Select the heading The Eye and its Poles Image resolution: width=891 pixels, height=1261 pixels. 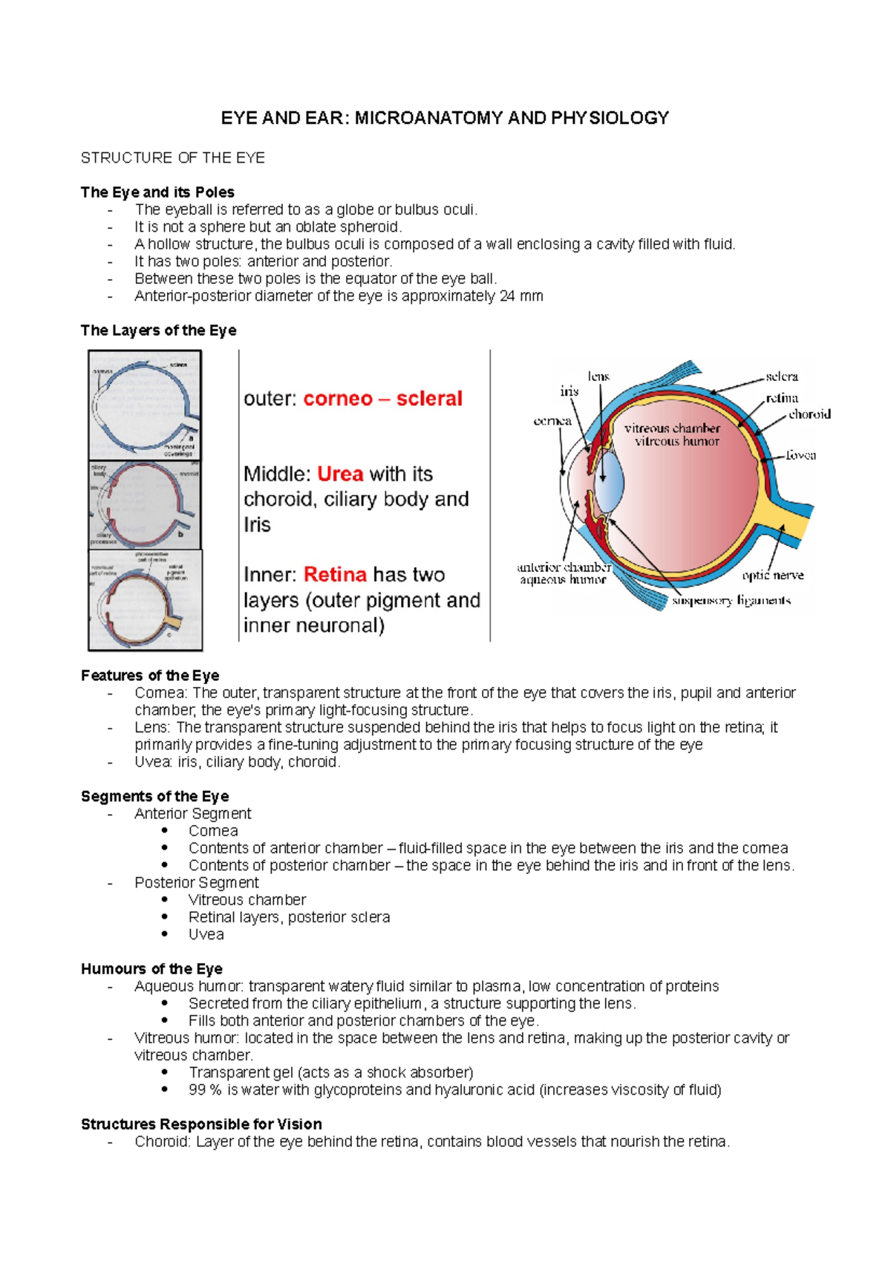click(x=157, y=192)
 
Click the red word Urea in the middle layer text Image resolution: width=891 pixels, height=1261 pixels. click(x=340, y=474)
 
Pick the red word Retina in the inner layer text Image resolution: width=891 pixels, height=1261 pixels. click(x=335, y=575)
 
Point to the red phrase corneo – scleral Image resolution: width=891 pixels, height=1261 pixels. click(x=382, y=399)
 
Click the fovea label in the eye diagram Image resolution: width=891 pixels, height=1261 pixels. click(x=800, y=455)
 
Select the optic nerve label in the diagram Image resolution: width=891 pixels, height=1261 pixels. click(x=773, y=576)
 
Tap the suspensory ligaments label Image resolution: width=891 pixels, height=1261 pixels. click(x=731, y=601)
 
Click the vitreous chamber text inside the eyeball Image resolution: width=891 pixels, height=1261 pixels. click(x=672, y=429)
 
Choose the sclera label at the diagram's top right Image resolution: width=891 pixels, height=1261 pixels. click(x=782, y=377)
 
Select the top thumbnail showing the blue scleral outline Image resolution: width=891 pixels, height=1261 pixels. click(x=145, y=405)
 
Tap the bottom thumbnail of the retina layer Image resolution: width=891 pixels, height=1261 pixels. click(x=145, y=600)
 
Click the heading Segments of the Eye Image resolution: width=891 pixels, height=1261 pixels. click(x=154, y=796)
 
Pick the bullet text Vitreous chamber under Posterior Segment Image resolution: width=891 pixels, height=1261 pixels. click(x=247, y=900)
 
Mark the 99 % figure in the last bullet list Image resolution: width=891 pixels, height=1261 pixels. click(x=205, y=1090)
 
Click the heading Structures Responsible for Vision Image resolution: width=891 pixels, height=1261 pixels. click(x=201, y=1124)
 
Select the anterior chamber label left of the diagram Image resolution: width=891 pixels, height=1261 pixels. click(x=564, y=567)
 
